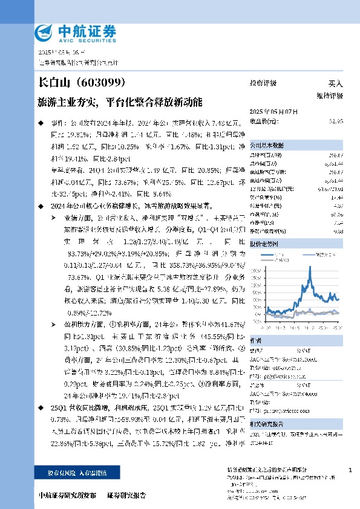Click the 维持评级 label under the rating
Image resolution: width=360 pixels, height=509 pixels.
click(x=329, y=96)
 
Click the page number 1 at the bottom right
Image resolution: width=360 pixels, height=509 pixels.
click(x=351, y=470)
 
